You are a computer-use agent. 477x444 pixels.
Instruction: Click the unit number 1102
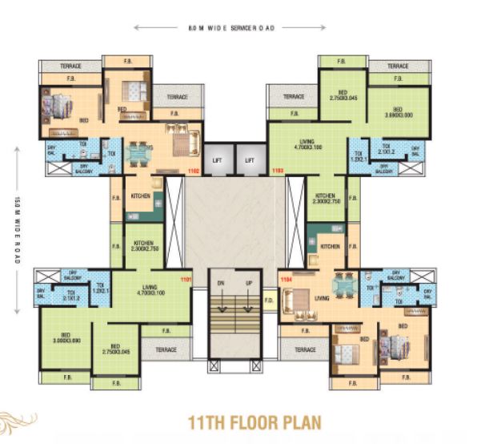(x=192, y=171)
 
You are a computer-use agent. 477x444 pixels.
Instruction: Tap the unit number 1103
(x=279, y=171)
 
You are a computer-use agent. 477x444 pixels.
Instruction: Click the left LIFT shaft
(x=217, y=160)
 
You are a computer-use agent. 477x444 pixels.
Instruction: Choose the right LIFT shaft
(x=250, y=160)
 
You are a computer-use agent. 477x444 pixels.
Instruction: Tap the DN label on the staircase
(x=219, y=284)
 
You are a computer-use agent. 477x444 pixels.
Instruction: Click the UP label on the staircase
(x=250, y=284)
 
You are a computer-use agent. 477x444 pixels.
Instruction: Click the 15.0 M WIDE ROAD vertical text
(x=17, y=216)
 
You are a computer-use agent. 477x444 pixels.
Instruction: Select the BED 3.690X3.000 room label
(x=398, y=112)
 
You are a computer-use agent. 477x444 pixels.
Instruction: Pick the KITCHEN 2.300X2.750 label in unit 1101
(x=144, y=246)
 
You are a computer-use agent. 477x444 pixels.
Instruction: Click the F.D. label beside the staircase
(x=270, y=302)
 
